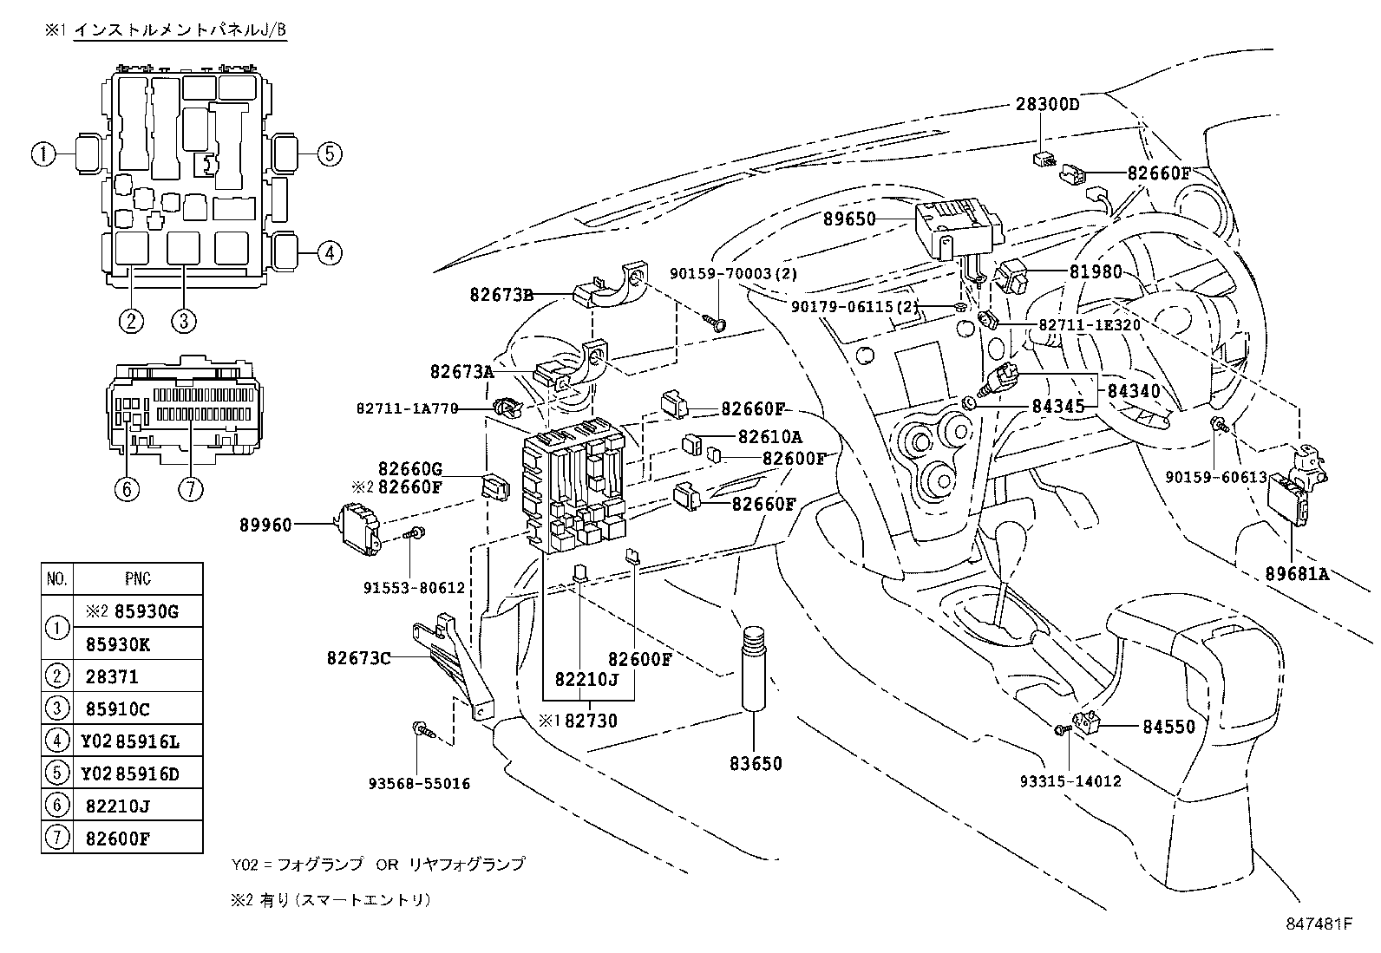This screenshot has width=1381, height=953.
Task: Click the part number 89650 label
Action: [x=849, y=220]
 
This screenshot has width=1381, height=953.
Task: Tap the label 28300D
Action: [x=1047, y=105]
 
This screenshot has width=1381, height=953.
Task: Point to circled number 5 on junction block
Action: [x=328, y=154]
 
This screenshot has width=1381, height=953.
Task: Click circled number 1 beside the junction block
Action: [x=43, y=155]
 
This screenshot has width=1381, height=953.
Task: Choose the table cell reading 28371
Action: [x=112, y=676]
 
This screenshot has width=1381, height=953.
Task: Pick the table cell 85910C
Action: [x=117, y=709]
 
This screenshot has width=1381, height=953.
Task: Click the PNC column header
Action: [x=137, y=578]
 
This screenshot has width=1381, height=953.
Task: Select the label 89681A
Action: [x=1297, y=573]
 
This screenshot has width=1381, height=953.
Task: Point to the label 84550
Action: [x=1168, y=728]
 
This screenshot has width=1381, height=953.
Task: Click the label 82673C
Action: [x=358, y=658]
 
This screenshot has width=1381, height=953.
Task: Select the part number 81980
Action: [x=1095, y=271]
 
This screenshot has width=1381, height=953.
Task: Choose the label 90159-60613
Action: [x=1215, y=477]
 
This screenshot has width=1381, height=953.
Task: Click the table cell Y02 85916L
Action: [x=130, y=741]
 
